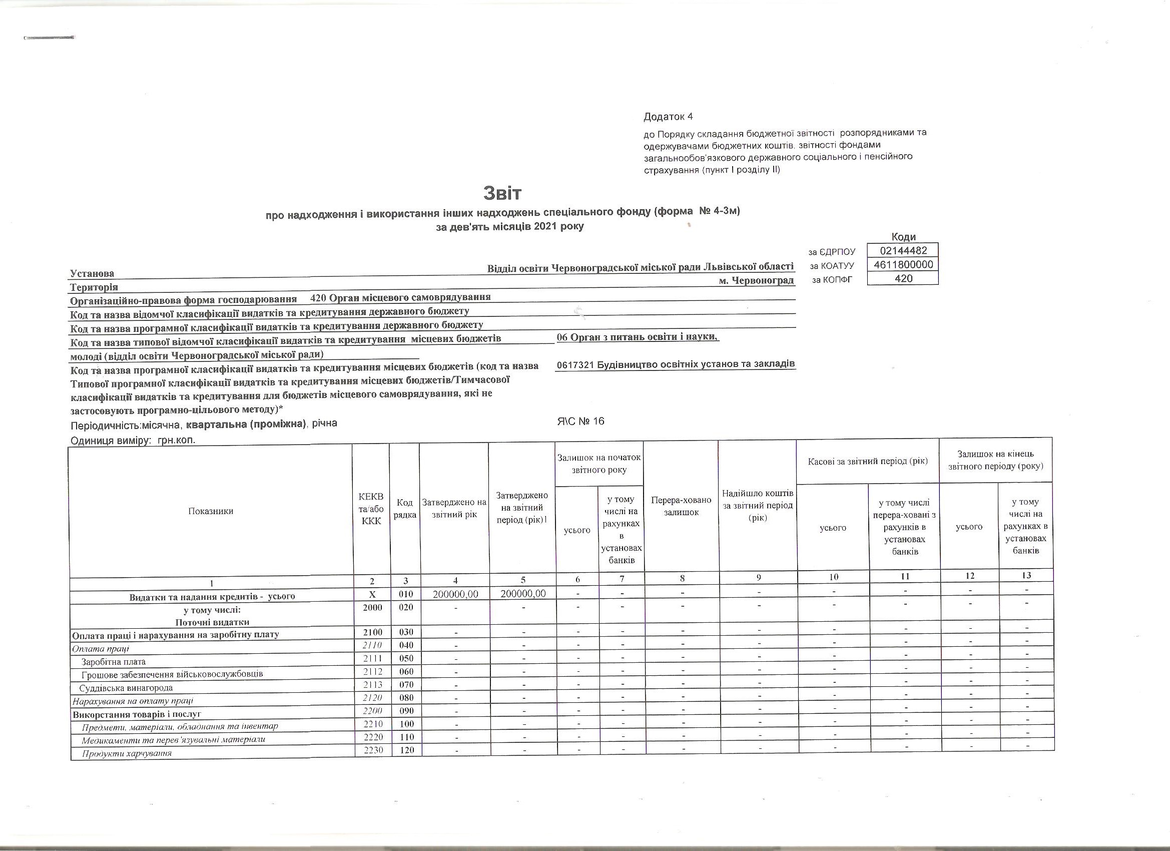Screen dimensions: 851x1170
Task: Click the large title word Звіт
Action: (502, 194)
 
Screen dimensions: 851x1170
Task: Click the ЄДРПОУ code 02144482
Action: (903, 251)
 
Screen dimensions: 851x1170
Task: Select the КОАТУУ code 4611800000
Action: (903, 265)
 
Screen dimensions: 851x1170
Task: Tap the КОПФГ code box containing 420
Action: (903, 279)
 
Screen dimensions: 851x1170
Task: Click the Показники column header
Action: (211, 511)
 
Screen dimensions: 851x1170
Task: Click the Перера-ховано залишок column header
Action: (681, 506)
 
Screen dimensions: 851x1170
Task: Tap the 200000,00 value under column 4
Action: (454, 594)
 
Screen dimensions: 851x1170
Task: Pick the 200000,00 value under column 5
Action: (522, 594)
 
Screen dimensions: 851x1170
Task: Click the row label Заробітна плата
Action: (114, 662)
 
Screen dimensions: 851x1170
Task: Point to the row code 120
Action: (406, 750)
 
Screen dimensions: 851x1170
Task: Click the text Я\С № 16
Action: (580, 421)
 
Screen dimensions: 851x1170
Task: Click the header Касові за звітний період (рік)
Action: (868, 461)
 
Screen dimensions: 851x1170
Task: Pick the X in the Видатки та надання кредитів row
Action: (371, 595)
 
